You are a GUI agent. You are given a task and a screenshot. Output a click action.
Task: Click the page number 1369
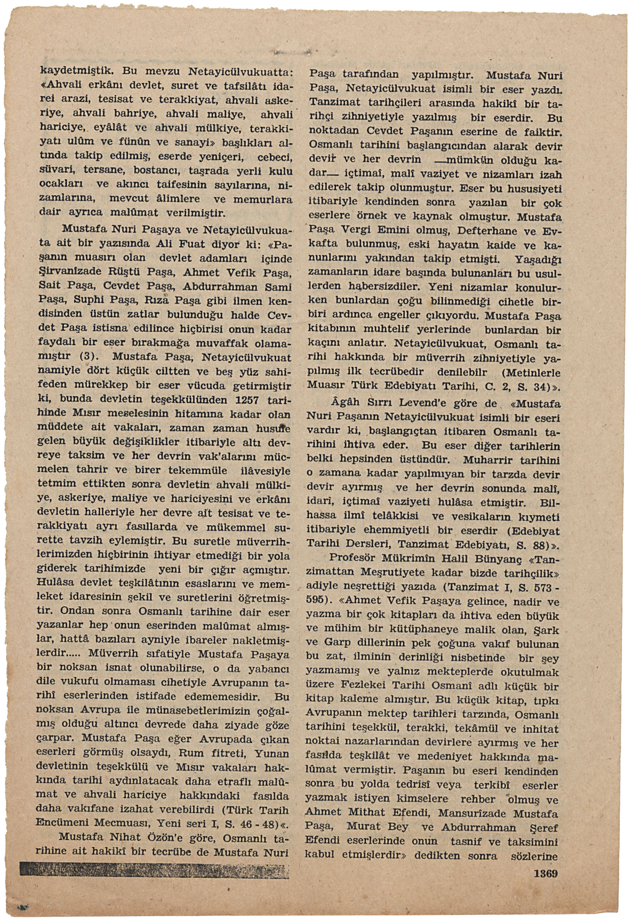pyautogui.click(x=545, y=873)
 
